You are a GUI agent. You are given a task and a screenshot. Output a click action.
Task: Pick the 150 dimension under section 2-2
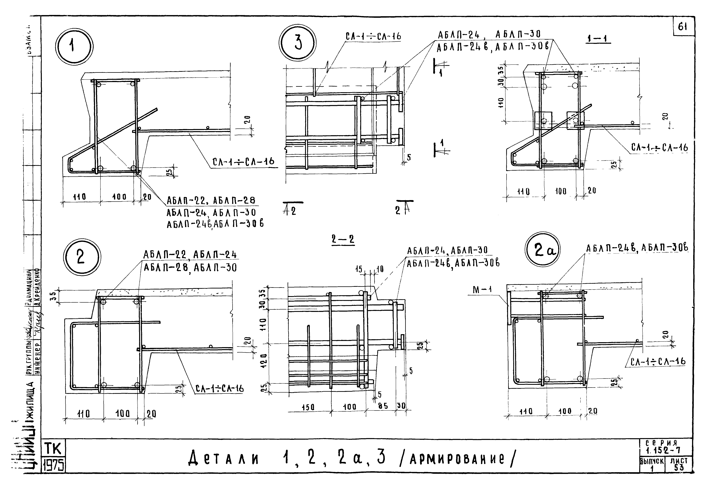(x=308, y=407)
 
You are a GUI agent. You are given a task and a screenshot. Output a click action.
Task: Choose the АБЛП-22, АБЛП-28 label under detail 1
(x=211, y=201)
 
